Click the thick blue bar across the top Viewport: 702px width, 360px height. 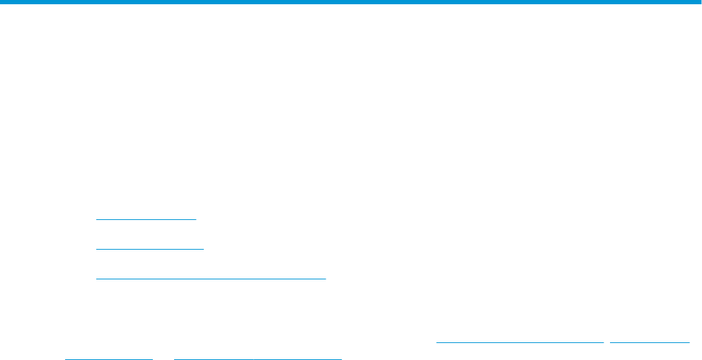(x=351, y=3)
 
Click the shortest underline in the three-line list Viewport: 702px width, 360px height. (x=146, y=219)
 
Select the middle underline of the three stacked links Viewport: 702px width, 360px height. (x=149, y=249)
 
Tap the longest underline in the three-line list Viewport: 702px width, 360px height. (x=211, y=278)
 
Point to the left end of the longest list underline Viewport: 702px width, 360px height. (x=96, y=278)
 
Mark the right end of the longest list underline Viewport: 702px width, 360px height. (x=326, y=278)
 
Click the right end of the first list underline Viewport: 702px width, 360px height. (x=196, y=219)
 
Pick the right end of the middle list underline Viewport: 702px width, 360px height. (x=203, y=249)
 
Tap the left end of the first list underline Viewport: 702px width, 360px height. (x=96, y=219)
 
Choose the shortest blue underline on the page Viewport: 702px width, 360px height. (x=109, y=358)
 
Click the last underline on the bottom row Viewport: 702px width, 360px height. (x=258, y=358)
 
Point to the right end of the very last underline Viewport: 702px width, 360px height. (x=341, y=358)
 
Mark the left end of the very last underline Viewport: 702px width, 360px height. (x=174, y=358)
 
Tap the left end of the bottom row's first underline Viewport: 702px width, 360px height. (x=65, y=358)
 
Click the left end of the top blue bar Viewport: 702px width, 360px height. (x=1, y=3)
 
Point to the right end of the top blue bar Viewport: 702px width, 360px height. (x=700, y=3)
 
